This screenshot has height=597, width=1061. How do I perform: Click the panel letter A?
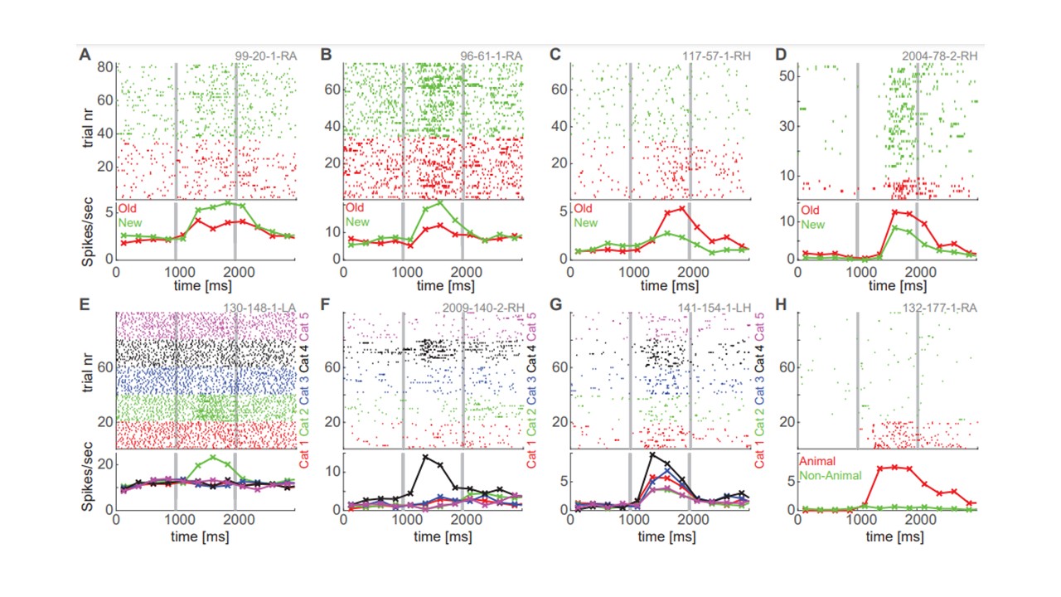coord(85,56)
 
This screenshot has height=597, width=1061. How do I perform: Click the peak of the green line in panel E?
coord(214,457)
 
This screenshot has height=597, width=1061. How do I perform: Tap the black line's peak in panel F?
coord(426,457)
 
